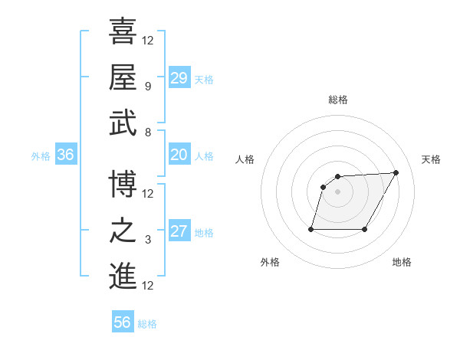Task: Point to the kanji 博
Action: point(123,184)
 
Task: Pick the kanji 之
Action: point(123,230)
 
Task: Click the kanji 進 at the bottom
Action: point(123,276)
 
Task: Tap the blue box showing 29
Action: point(179,78)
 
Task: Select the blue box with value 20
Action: point(179,155)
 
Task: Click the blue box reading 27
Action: point(179,232)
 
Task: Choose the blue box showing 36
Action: point(66,155)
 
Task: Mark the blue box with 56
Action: point(123,322)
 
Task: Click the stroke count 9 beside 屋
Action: point(147,87)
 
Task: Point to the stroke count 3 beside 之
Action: point(147,240)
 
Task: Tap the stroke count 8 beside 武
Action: point(147,132)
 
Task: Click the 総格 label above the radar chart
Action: point(338,100)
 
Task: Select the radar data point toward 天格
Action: point(396,172)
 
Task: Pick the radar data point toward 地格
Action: point(365,229)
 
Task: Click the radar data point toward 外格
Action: point(311,229)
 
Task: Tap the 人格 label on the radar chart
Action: point(245,159)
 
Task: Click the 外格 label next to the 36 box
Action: point(41,156)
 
